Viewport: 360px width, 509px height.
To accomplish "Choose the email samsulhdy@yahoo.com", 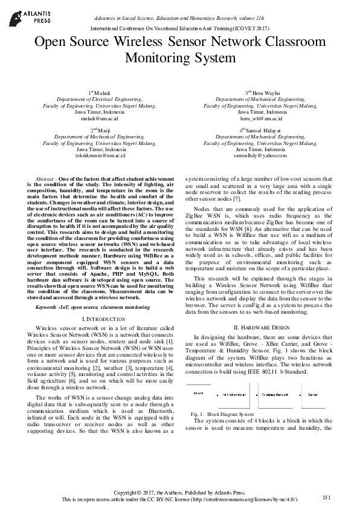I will (x=260, y=155).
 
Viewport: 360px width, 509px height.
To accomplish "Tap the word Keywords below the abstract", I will (x=50, y=308).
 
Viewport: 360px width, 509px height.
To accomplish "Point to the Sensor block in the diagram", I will (x=198, y=393).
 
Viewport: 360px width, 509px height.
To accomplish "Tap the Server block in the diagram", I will (x=313, y=394).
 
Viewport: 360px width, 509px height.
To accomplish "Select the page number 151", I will (x=327, y=497).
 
